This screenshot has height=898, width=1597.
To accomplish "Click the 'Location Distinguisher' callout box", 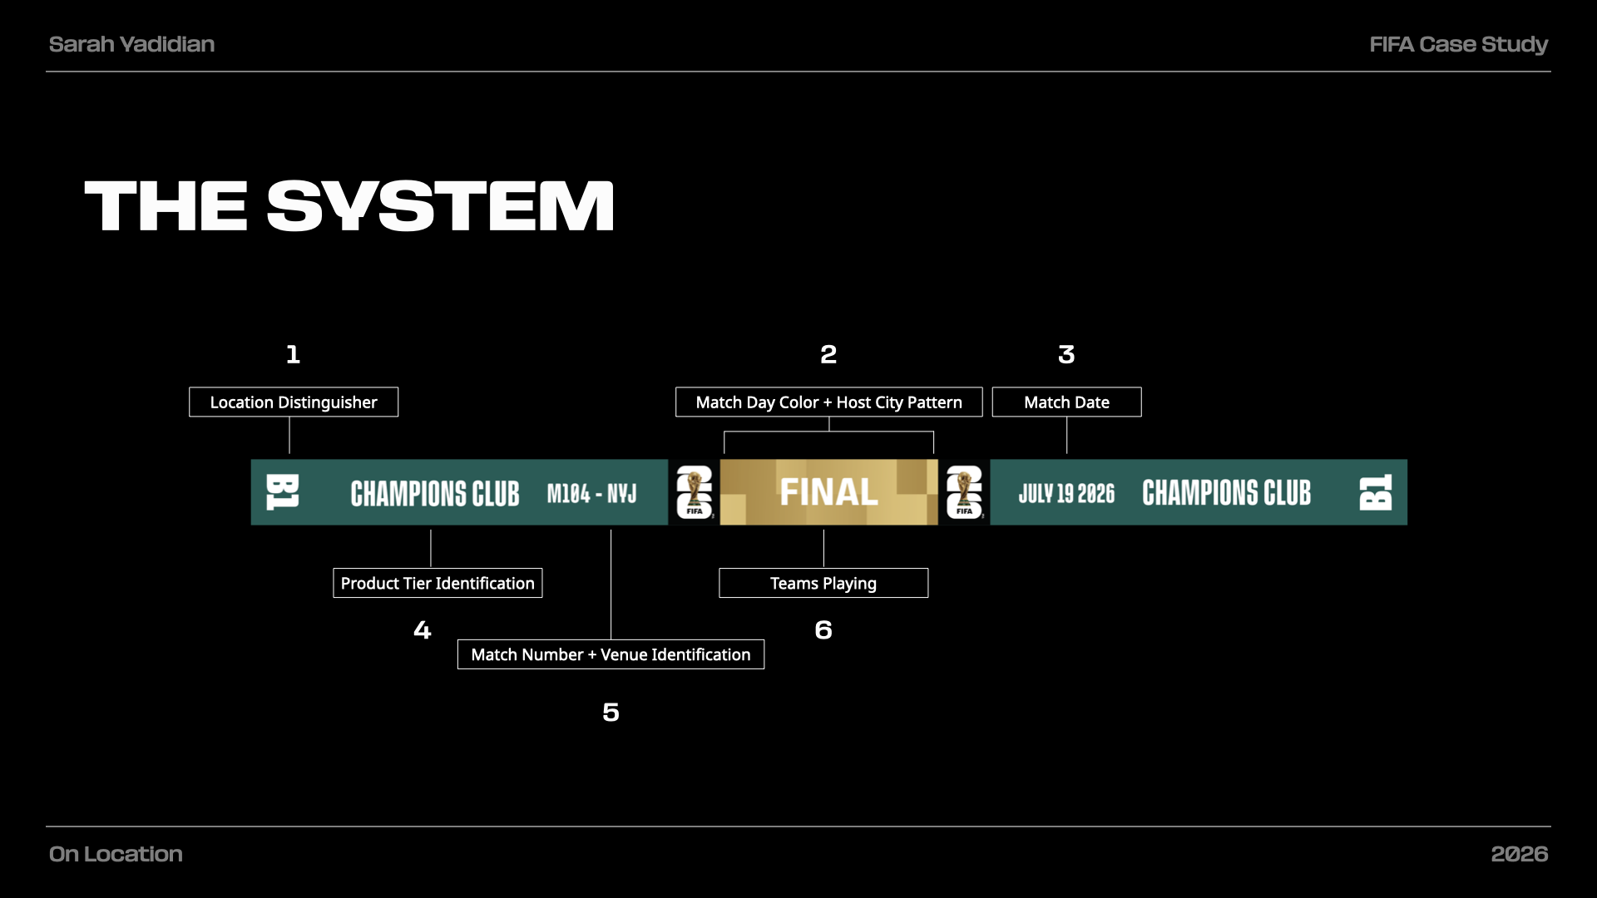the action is [294, 402].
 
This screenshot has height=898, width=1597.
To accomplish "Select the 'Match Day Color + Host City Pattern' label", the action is [828, 402].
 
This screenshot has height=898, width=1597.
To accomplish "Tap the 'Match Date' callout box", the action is [1066, 402].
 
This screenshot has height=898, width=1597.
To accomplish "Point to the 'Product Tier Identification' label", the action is [438, 583].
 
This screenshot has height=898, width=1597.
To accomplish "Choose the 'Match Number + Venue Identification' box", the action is [611, 654].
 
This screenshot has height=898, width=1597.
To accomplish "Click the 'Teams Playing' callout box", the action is [823, 583].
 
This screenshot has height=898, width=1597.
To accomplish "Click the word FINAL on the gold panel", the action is [828, 492].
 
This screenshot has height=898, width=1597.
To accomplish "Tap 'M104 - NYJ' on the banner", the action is [591, 494].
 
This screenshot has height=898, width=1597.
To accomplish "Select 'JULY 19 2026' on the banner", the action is [1066, 494].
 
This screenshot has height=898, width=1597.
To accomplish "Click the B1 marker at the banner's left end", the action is [282, 492].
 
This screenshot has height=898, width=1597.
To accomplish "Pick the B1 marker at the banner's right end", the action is [1376, 492].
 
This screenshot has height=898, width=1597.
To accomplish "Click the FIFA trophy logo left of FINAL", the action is [694, 492].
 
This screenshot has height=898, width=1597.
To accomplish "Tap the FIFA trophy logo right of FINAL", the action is [964, 492].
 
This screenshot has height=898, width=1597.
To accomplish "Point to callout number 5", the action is [611, 712].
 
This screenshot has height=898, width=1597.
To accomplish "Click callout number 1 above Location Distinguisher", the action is [293, 354].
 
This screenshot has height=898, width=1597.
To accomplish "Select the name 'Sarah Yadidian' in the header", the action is [131, 44].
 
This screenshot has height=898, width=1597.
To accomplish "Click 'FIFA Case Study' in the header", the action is [1459, 44].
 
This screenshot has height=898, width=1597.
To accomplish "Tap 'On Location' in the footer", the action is [116, 854].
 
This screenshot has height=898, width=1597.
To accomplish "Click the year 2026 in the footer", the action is [1520, 854].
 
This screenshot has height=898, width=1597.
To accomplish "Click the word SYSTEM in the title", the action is [441, 206].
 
